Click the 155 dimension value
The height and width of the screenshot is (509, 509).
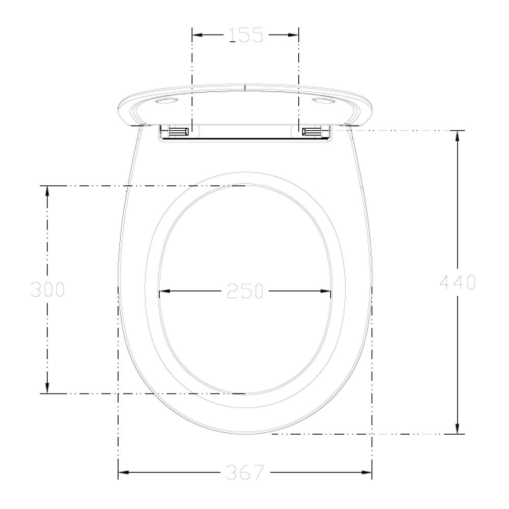[246, 35]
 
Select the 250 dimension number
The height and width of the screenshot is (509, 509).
[245, 291]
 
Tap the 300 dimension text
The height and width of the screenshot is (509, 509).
[47, 289]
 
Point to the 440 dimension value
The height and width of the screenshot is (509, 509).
[458, 282]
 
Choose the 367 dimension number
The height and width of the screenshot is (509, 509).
[245, 472]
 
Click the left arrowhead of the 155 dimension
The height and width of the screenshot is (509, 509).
[197, 35]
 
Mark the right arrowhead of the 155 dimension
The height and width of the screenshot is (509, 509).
[294, 35]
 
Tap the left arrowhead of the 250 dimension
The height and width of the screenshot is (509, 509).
[164, 291]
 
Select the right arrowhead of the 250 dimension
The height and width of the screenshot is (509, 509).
[326, 291]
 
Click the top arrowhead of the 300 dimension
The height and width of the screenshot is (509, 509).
[47, 191]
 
